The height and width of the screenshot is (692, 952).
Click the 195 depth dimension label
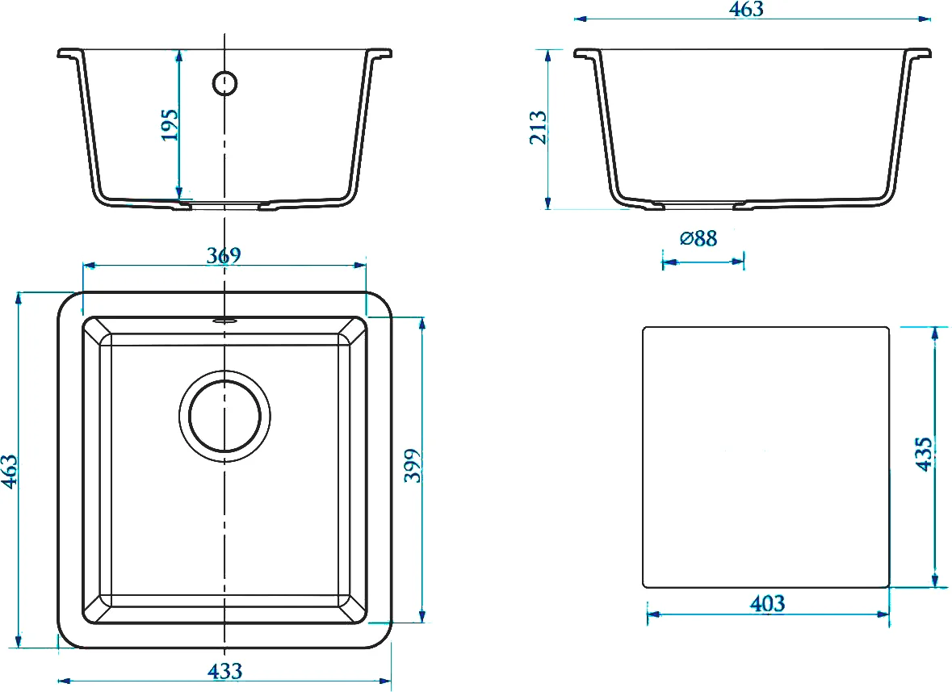tap(170, 125)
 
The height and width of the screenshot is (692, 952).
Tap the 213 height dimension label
tap(539, 127)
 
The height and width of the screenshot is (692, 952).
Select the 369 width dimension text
tap(224, 255)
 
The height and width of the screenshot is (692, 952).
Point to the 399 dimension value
tap(413, 466)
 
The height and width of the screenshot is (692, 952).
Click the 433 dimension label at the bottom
tap(224, 671)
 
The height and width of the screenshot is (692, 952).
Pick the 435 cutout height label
tap(923, 454)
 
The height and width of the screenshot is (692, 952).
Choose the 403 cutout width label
tap(767, 603)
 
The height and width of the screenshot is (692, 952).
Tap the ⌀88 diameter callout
tap(698, 238)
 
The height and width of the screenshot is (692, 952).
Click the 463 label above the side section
tap(746, 9)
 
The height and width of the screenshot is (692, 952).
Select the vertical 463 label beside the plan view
tap(10, 471)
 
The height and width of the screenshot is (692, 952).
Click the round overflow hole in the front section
tap(224, 83)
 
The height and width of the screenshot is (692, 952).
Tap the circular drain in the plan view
tap(224, 416)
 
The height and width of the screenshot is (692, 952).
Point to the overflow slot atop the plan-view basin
tap(224, 318)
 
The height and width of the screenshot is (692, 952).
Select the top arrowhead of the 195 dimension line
tap(178, 56)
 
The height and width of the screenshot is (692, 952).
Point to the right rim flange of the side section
tap(919, 53)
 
